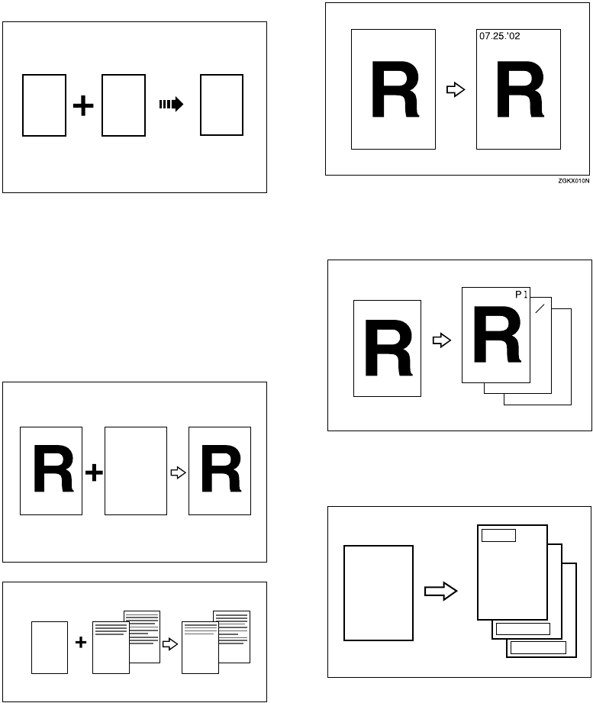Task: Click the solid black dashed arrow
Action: (x=171, y=105)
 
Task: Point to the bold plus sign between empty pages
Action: (x=82, y=106)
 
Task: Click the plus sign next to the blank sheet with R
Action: (x=93, y=474)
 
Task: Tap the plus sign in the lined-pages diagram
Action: (x=80, y=643)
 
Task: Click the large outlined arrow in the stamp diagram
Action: (x=440, y=592)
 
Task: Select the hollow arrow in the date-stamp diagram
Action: (x=455, y=90)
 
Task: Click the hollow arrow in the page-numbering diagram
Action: (x=441, y=340)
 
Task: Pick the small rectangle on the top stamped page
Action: (x=499, y=535)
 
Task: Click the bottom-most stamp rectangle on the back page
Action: (x=538, y=648)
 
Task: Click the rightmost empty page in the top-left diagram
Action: (x=221, y=105)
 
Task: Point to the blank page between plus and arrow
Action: (x=135, y=470)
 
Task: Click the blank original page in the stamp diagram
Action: (x=379, y=592)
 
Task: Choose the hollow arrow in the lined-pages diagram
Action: (x=171, y=643)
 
